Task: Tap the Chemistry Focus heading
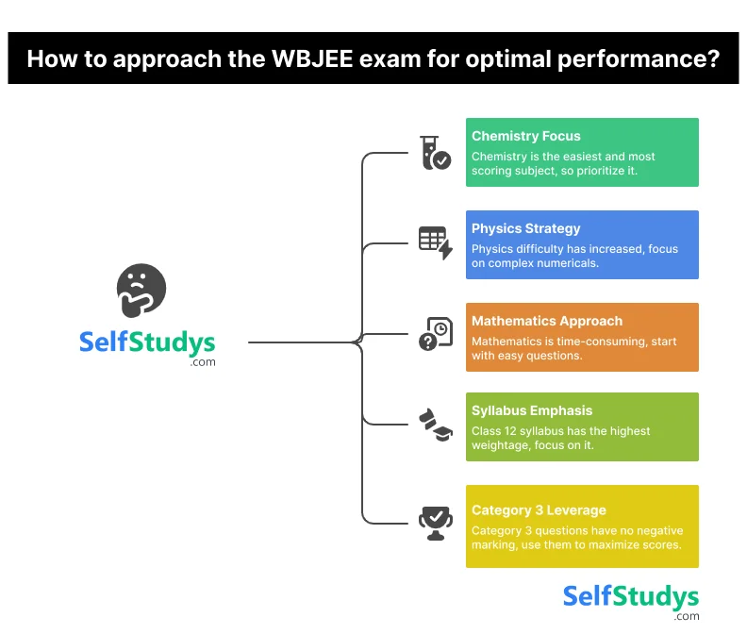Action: (x=525, y=137)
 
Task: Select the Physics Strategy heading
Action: (x=525, y=228)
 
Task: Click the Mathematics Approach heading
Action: (x=547, y=321)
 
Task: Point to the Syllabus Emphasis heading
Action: (x=532, y=411)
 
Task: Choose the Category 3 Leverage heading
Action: (x=539, y=510)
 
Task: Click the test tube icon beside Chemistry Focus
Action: (x=435, y=153)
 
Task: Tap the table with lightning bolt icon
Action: (x=435, y=242)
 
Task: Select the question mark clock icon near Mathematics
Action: (x=435, y=334)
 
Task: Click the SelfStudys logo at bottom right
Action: (x=630, y=597)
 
